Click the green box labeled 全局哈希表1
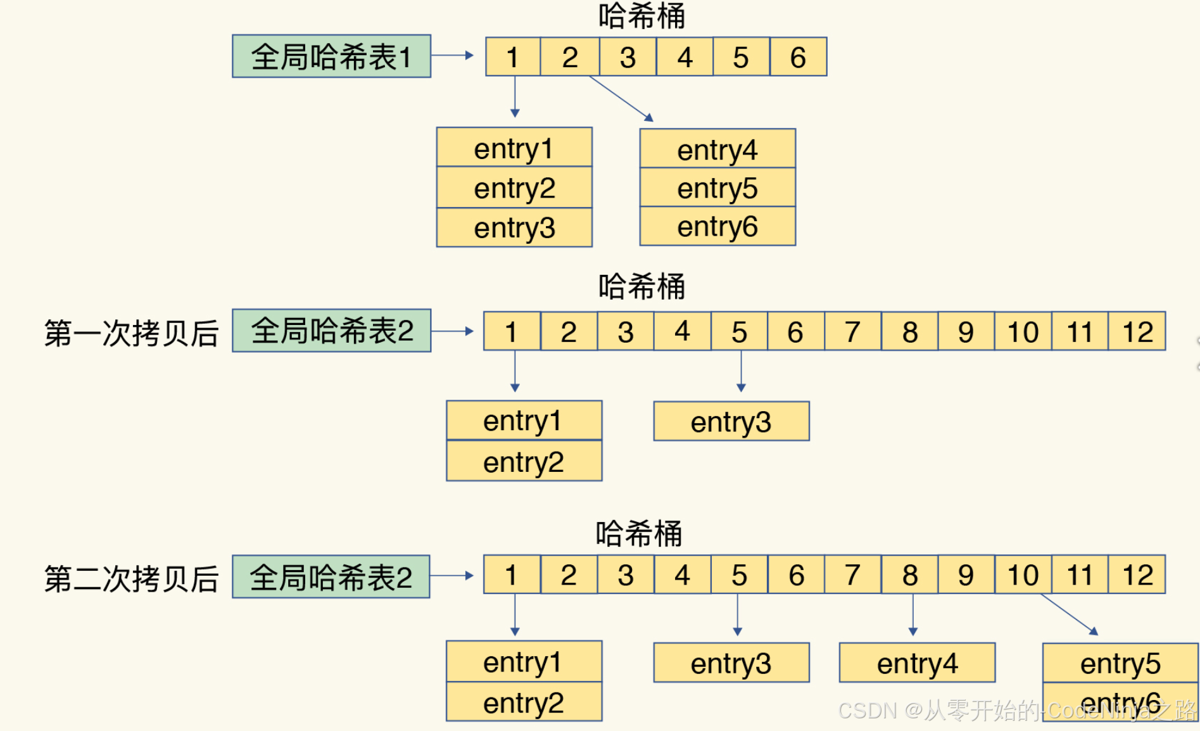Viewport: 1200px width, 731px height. pyautogui.click(x=331, y=56)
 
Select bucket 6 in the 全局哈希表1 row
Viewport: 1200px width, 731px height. pyautogui.click(x=798, y=57)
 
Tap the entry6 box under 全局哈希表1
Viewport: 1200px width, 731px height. pyautogui.click(x=717, y=227)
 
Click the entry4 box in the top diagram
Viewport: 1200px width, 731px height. pyautogui.click(x=717, y=149)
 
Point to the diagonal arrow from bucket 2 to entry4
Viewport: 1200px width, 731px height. pyautogui.click(x=621, y=98)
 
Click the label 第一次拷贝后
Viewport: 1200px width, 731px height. pyautogui.click(x=131, y=333)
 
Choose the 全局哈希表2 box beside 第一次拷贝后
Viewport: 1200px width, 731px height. pyautogui.click(x=331, y=331)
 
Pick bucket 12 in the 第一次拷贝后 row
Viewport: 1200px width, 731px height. pyautogui.click(x=1137, y=331)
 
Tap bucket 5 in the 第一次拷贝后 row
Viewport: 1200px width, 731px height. pyautogui.click(x=739, y=331)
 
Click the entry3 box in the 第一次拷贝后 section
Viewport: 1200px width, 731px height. pyautogui.click(x=731, y=421)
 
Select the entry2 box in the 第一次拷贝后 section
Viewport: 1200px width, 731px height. pyautogui.click(x=524, y=461)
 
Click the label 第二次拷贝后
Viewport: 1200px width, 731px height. pyautogui.click(x=131, y=578)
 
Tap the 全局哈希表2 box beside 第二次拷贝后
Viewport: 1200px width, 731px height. pyautogui.click(x=331, y=577)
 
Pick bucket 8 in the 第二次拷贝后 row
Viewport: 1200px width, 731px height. pyautogui.click(x=910, y=575)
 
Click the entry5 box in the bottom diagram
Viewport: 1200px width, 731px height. pyautogui.click(x=1120, y=663)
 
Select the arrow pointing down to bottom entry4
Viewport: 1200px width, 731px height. pyautogui.click(x=913, y=614)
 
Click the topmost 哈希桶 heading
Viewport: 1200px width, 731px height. pyautogui.click(x=641, y=16)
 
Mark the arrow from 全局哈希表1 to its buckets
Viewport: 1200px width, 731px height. pyautogui.click(x=452, y=56)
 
